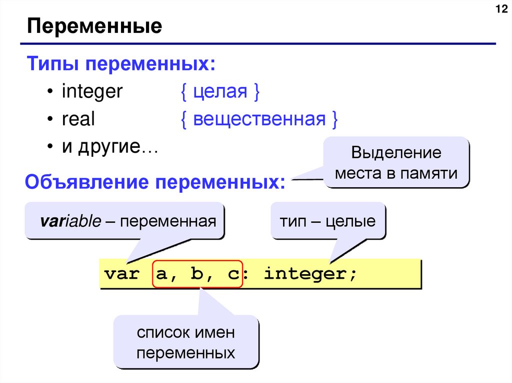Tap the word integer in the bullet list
[x=92, y=92]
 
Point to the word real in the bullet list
[x=78, y=120]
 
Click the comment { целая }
[x=219, y=92]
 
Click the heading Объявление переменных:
[x=155, y=182]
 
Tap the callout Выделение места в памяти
[x=396, y=163]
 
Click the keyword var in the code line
[x=121, y=275]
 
